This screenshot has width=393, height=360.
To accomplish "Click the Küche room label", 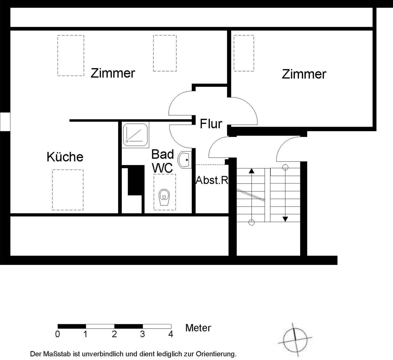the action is [x=65, y=157].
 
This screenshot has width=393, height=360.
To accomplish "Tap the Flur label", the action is [x=211, y=124].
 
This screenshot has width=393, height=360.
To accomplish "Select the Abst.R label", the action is [x=212, y=180].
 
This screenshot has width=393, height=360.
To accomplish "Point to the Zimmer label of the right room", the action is [x=304, y=74].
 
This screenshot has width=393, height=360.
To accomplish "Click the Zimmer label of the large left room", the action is [x=113, y=73].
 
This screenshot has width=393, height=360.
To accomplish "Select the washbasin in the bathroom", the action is [x=184, y=160].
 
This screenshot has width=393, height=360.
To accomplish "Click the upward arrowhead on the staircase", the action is [x=252, y=171].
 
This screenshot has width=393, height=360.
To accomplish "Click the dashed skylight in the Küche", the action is [x=68, y=190].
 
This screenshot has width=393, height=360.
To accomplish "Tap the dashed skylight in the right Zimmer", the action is [x=244, y=53].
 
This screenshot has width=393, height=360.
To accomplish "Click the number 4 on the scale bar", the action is [x=171, y=334].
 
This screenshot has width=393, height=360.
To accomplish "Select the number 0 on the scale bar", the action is [x=57, y=334].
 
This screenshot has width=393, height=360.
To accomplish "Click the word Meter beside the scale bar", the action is [x=198, y=328].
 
